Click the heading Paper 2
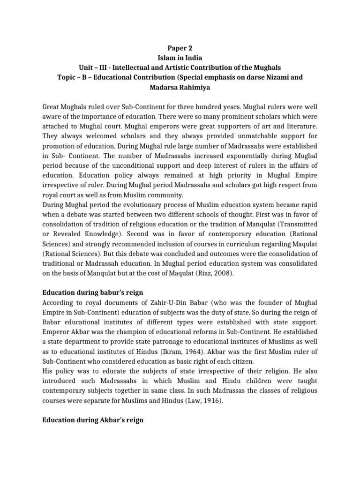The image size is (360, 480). click(180, 48)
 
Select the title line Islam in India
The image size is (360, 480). click(180, 58)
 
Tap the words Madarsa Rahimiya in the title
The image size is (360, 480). click(180, 87)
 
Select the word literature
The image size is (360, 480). click(300, 127)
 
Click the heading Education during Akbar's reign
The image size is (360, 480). click(92, 421)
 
